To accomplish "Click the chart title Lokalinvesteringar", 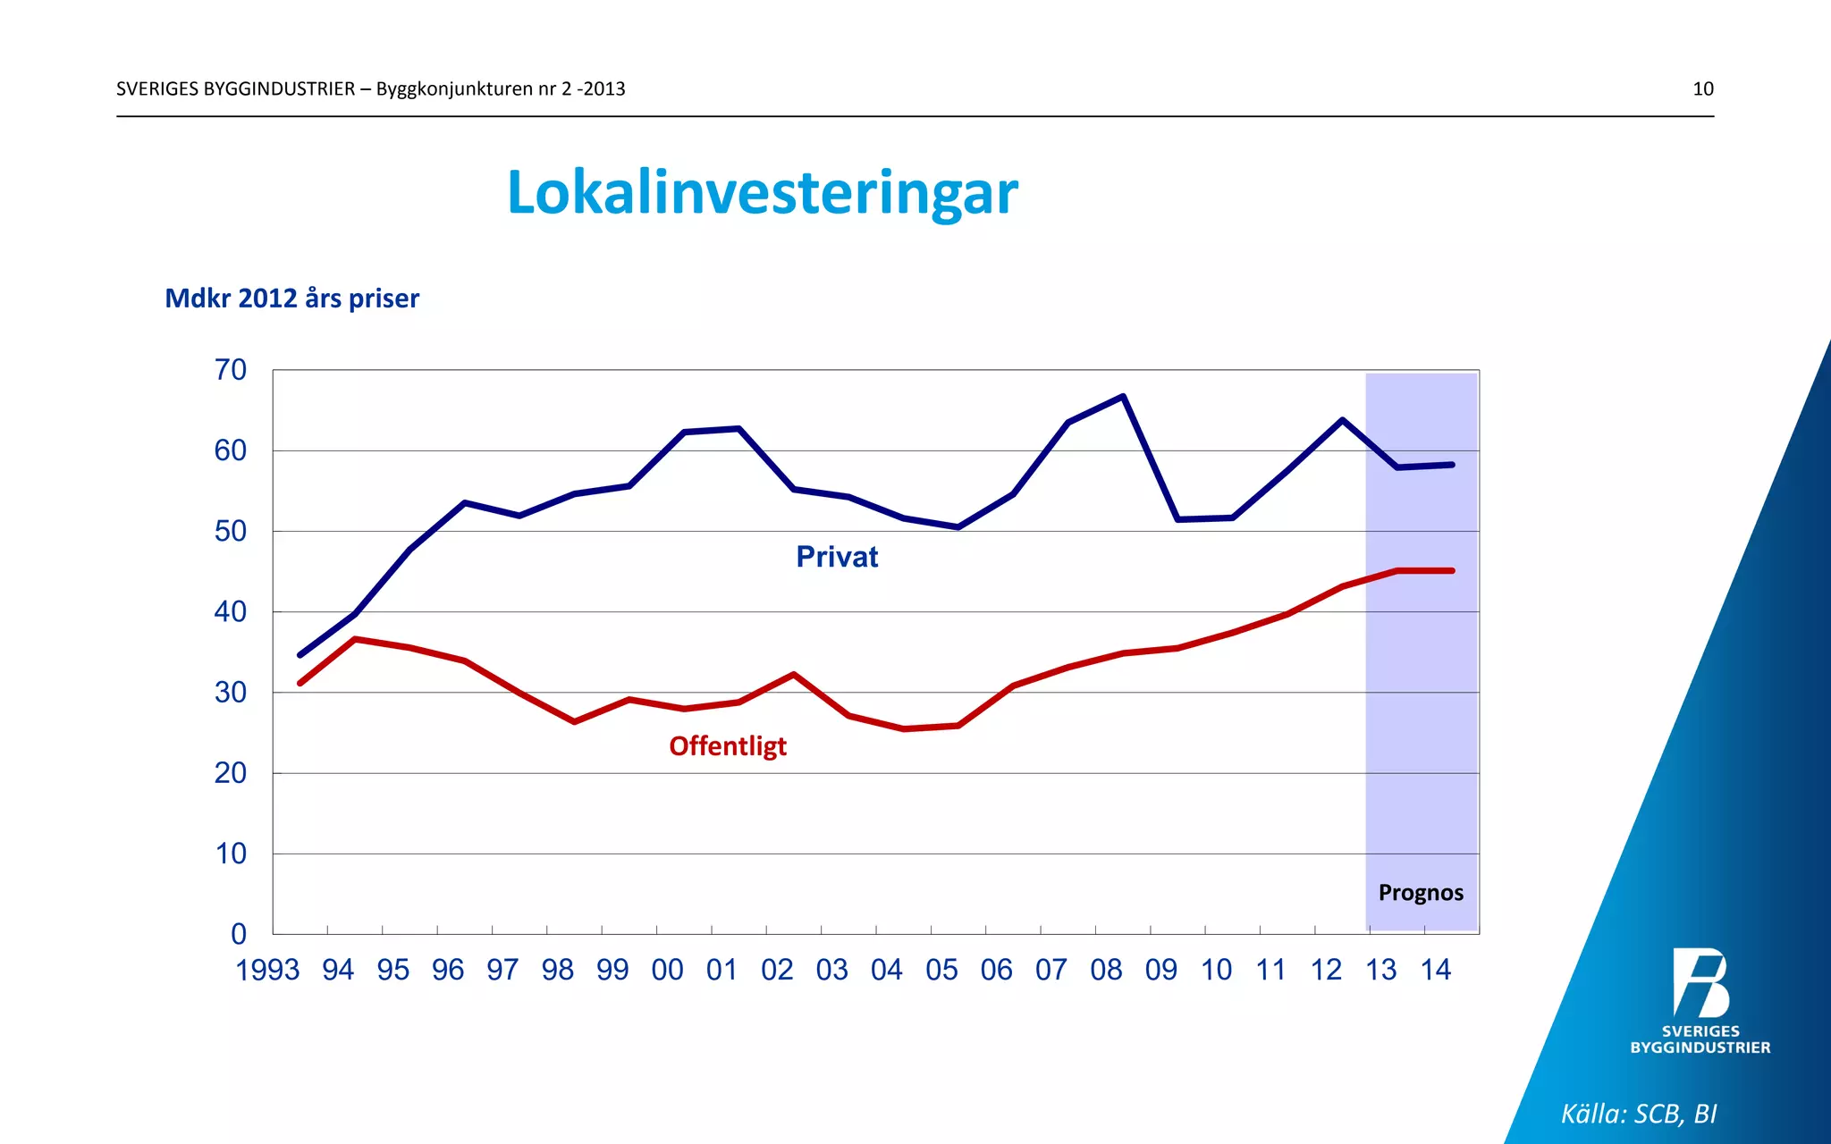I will click(762, 192).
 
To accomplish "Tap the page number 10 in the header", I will click(1702, 88).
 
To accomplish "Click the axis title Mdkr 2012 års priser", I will click(291, 298).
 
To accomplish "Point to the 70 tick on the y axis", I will click(230, 370).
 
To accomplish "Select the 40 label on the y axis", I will click(230, 612).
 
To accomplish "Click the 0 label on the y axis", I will click(238, 934).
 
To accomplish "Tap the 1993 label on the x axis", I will click(266, 970).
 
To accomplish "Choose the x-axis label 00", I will click(667, 970).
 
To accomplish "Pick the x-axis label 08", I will click(1106, 970).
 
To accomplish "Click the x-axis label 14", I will click(1435, 970).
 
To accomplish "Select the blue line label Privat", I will click(837, 557).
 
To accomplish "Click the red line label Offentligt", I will click(728, 745).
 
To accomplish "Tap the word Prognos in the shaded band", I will click(1421, 893).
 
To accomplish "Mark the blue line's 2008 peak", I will click(1123, 396).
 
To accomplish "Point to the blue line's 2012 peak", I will click(1342, 420).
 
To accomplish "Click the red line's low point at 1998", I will click(574, 721).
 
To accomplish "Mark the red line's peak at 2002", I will click(794, 674).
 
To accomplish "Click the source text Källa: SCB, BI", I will click(1638, 1114).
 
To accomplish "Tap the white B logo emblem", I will click(1700, 983).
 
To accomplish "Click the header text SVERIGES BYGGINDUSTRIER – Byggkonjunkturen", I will click(370, 88).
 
